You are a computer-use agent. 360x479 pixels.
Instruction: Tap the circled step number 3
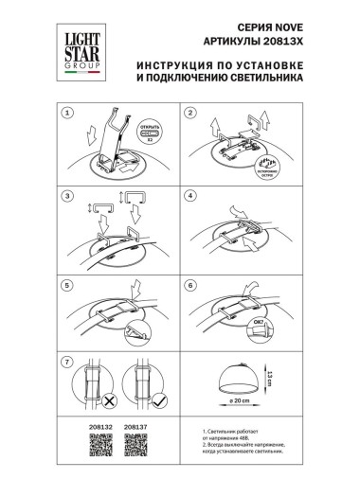coord(67,197)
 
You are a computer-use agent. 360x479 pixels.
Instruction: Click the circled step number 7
coord(67,364)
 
